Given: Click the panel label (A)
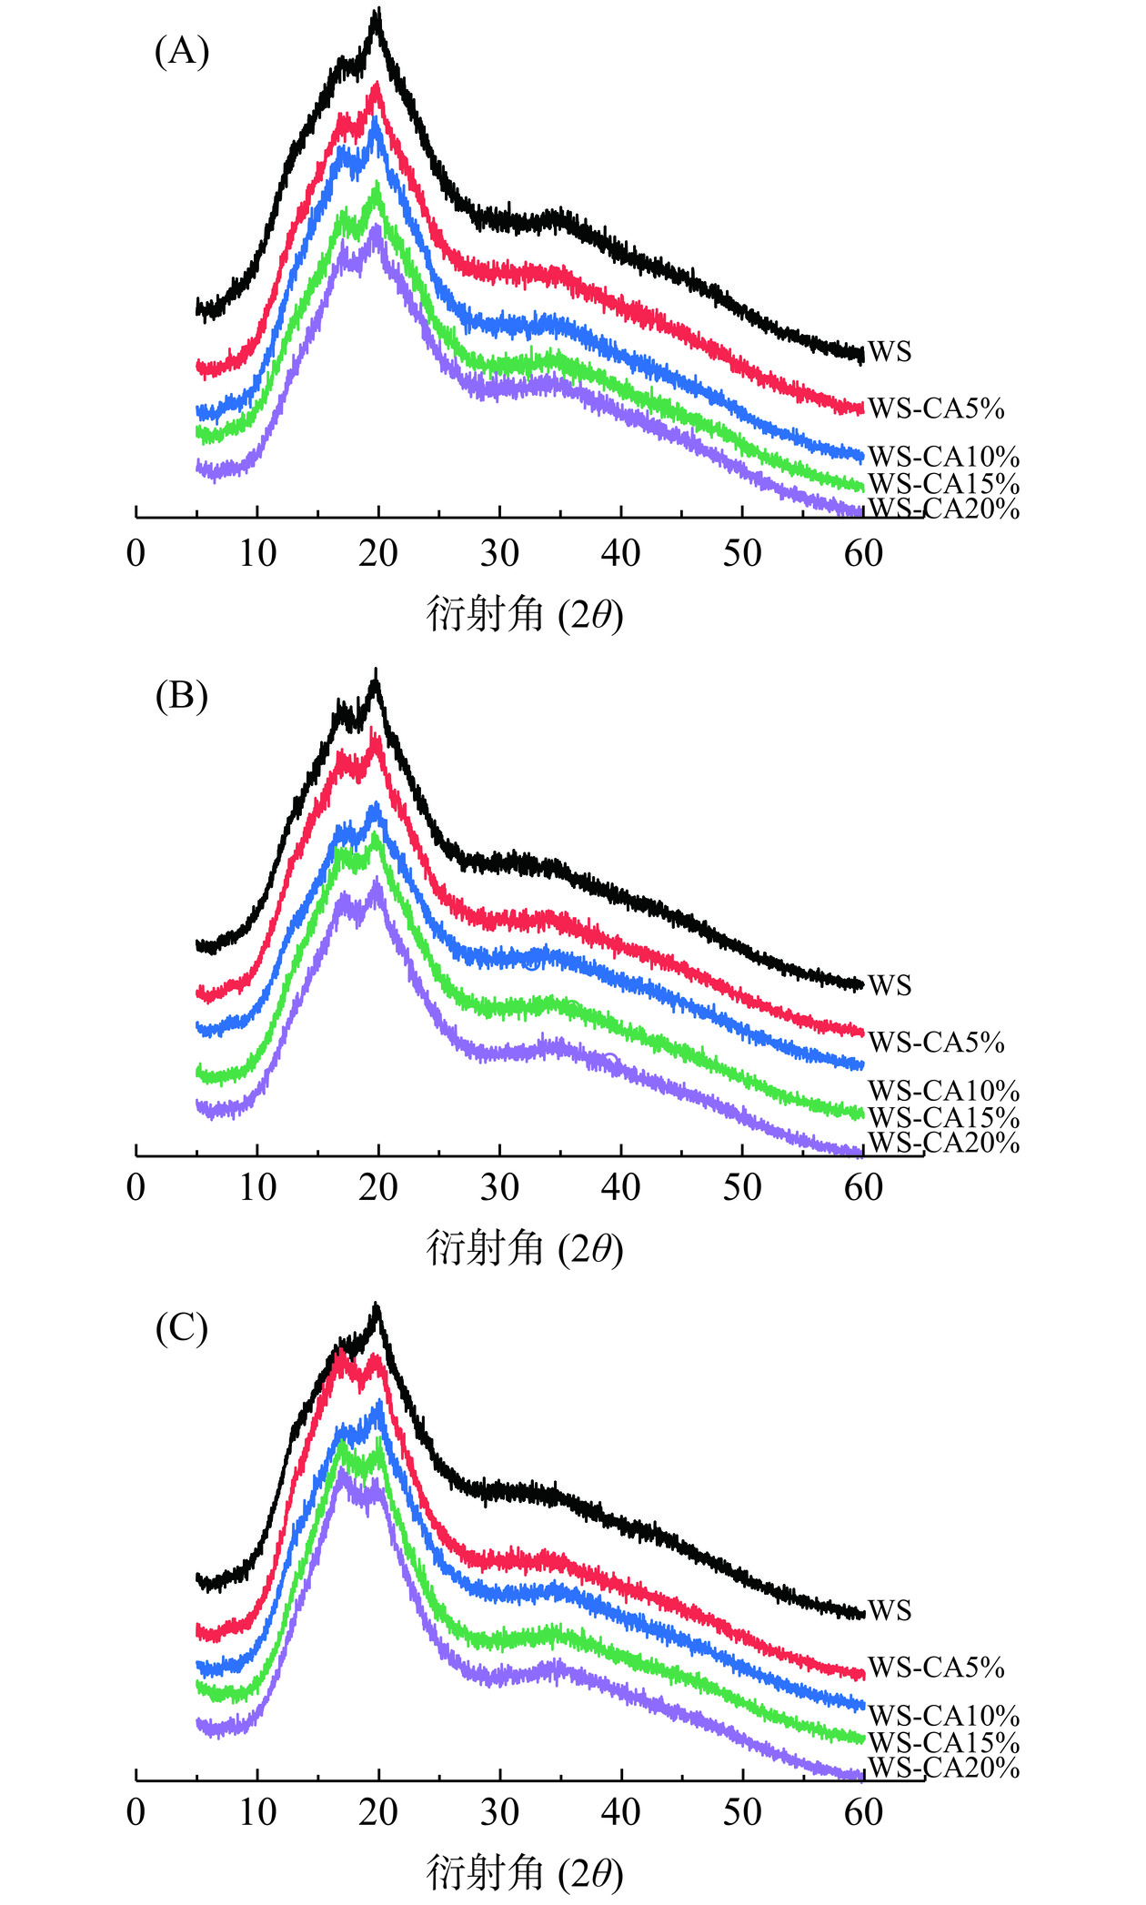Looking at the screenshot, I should (x=182, y=52).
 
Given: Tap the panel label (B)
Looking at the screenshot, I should (x=182, y=696).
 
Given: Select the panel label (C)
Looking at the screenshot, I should (x=182, y=1329).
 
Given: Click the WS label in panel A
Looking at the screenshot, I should (x=889, y=352).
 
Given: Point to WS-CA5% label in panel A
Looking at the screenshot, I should (x=936, y=408).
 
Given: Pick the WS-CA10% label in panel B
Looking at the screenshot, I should (x=943, y=1091).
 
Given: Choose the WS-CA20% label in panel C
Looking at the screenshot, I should (x=943, y=1768).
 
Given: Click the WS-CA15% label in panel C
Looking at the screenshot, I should (x=943, y=1742).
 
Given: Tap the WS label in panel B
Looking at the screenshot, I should (x=889, y=985).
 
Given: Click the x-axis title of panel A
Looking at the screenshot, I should (x=525, y=616).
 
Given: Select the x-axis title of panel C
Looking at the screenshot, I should (x=525, y=1873).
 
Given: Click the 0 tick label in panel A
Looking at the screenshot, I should (x=136, y=553).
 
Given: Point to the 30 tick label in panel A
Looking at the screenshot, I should (x=499, y=553).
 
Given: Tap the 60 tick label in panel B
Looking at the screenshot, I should (x=863, y=1187).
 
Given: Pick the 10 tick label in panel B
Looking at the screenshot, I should (x=257, y=1187).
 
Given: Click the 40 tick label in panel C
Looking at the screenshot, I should (x=620, y=1812).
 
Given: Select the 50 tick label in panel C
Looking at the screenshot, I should (x=742, y=1812).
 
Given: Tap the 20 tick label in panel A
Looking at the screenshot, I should (x=378, y=553).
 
